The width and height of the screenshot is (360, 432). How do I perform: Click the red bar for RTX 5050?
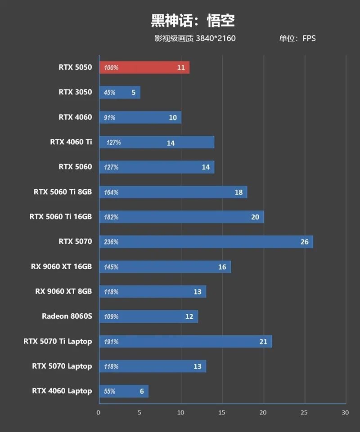point(144,67)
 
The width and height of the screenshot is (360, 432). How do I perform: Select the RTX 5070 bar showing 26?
point(206,242)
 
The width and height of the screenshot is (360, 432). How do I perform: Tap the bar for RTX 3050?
point(119,93)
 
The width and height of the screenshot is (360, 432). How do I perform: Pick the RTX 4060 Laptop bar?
point(123,391)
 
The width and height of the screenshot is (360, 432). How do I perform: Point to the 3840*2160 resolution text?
point(216,38)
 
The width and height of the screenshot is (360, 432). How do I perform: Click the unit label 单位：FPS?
point(297,38)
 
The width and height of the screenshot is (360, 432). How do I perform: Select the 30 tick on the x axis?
point(345,412)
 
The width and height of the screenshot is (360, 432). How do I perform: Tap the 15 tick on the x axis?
point(222,412)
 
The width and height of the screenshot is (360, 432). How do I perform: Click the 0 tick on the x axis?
point(99,412)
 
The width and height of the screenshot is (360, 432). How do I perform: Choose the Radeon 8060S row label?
point(67,316)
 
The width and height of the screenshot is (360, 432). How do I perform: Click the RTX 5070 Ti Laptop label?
point(58,341)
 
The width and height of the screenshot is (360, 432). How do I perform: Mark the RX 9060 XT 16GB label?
point(61,267)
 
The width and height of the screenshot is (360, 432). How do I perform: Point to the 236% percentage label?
point(111,242)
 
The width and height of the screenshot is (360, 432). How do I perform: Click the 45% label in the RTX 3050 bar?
point(109,93)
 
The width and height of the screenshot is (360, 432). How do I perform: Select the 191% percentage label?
point(111,342)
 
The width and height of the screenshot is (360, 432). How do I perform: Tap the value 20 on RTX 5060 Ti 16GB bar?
point(255,217)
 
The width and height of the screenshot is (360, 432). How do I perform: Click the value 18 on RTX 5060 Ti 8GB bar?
point(238,192)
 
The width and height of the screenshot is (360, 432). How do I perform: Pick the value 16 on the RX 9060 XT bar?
point(222,267)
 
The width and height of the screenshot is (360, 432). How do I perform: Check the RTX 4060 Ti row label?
point(71,142)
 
